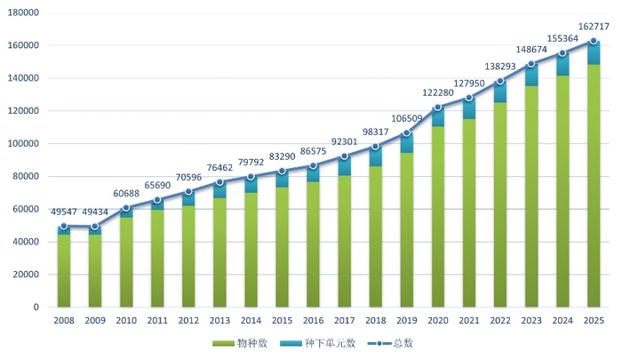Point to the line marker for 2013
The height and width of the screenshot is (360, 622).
coord(219,182)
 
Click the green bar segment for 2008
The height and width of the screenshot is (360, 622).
coord(64,271)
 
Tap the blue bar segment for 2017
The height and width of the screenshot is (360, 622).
coord(344,166)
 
